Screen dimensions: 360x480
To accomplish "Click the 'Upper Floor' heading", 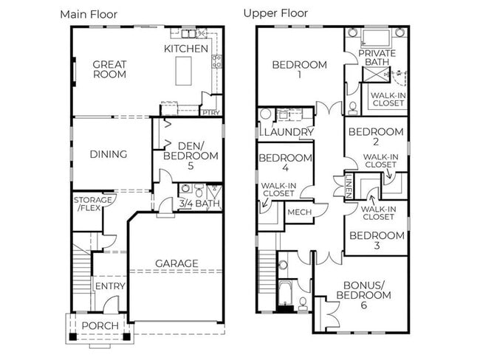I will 276,13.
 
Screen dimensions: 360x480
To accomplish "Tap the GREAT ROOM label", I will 109,69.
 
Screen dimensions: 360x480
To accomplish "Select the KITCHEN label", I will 186,49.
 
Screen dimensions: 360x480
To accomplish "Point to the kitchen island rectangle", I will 182,71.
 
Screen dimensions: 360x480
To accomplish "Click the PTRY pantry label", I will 210,112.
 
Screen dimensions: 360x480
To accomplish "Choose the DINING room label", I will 109,154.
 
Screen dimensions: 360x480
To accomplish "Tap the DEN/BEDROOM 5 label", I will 191,150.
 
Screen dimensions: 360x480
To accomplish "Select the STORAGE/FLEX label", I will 93,204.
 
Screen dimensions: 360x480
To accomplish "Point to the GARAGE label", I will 176,263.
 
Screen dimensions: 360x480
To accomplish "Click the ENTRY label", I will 109,286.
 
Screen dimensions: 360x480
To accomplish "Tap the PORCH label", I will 99,326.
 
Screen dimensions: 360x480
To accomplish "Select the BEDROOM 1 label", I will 299,70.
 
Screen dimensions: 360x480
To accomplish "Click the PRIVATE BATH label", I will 377,58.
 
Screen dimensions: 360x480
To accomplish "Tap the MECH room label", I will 299,212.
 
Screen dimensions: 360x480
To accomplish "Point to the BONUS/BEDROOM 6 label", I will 366,290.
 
